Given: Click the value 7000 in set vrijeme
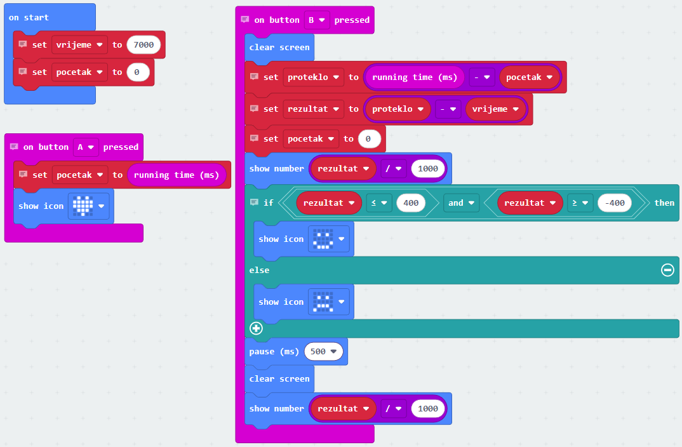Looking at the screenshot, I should coord(144,44).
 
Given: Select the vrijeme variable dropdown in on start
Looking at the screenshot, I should coord(79,44).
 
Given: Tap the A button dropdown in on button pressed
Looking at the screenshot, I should coord(86,147).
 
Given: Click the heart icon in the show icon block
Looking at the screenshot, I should coord(83,206).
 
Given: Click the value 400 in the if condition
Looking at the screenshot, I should coord(411,203).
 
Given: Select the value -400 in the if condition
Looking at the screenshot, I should coord(615,203).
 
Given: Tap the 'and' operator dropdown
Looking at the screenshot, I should coord(461,203).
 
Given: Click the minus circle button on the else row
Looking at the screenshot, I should coord(667,270).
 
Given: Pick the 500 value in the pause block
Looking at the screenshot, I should coord(324,351).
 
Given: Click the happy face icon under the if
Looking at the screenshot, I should coord(323,239).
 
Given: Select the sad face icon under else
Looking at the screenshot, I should coord(323,302).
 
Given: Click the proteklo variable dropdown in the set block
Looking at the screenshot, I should coord(313,77).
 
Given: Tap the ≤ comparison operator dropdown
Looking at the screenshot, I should coord(379,203).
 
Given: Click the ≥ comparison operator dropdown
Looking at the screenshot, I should coord(580,203).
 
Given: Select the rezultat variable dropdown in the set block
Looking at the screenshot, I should coord(313,109).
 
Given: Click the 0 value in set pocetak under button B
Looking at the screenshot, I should coord(368,138).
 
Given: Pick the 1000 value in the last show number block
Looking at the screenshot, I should coord(428,408).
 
